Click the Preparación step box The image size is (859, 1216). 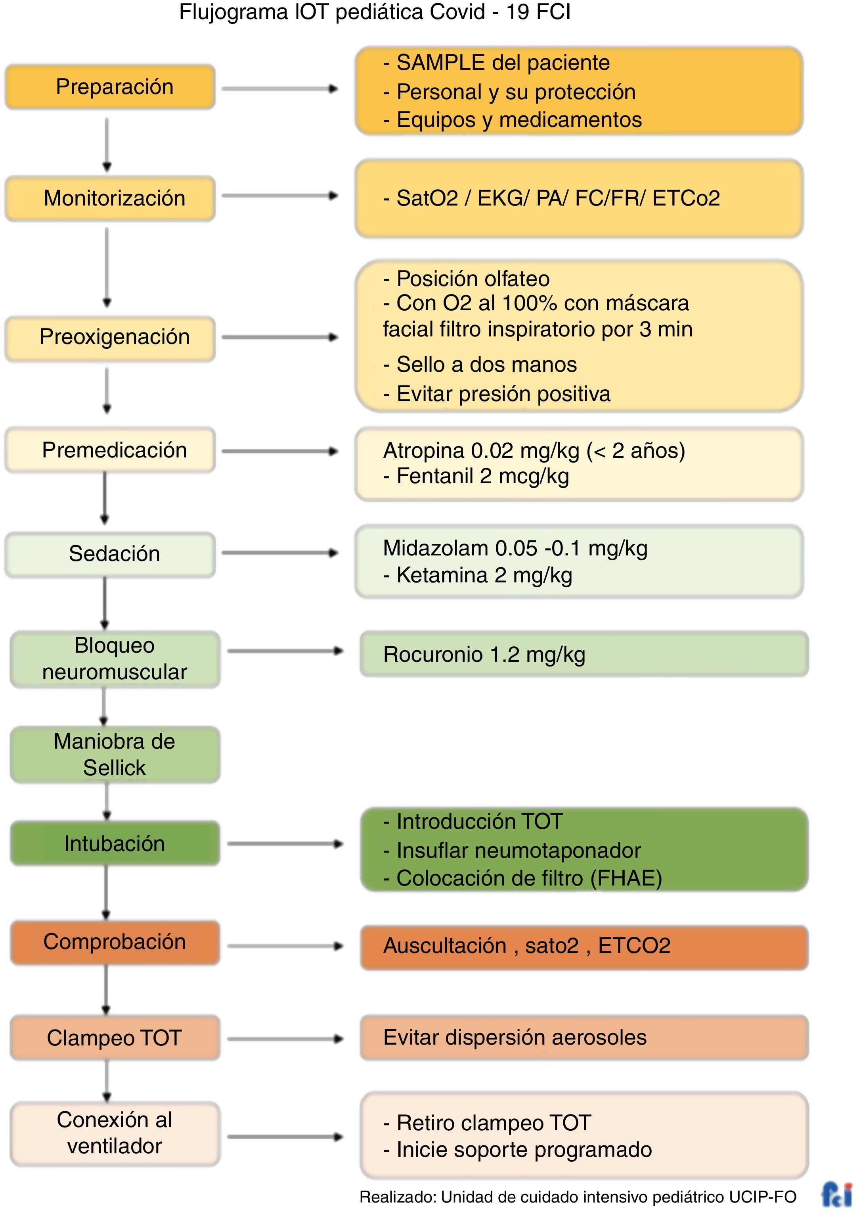(110, 87)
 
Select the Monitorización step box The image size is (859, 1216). (110, 198)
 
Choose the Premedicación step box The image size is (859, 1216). (110, 450)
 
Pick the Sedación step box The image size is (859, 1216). (110, 554)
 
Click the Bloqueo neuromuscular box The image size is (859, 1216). (115, 659)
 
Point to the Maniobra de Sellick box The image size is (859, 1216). (115, 755)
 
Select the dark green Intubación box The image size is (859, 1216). (115, 844)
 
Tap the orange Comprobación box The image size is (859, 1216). (115, 942)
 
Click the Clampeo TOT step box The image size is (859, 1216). (115, 1038)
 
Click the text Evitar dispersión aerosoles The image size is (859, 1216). (515, 1037)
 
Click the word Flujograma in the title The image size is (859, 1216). (233, 12)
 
